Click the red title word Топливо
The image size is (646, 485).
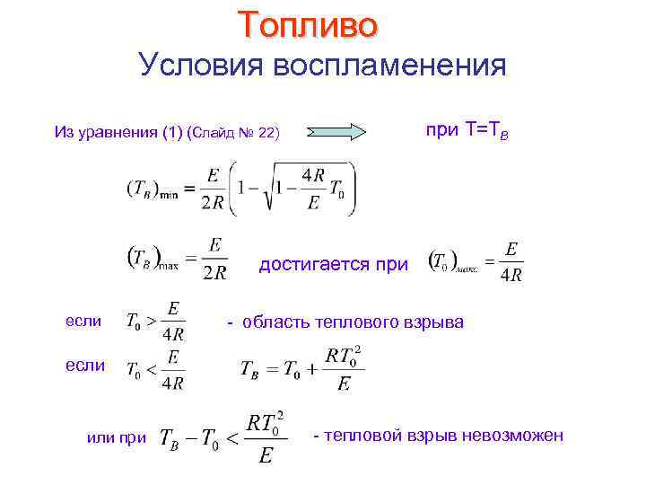(x=309, y=24)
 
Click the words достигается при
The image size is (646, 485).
(x=333, y=265)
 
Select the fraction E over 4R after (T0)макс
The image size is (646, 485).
(x=511, y=261)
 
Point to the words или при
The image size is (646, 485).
(x=115, y=437)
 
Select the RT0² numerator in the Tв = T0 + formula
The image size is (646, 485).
(x=345, y=357)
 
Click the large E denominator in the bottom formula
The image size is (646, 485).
(x=265, y=457)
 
